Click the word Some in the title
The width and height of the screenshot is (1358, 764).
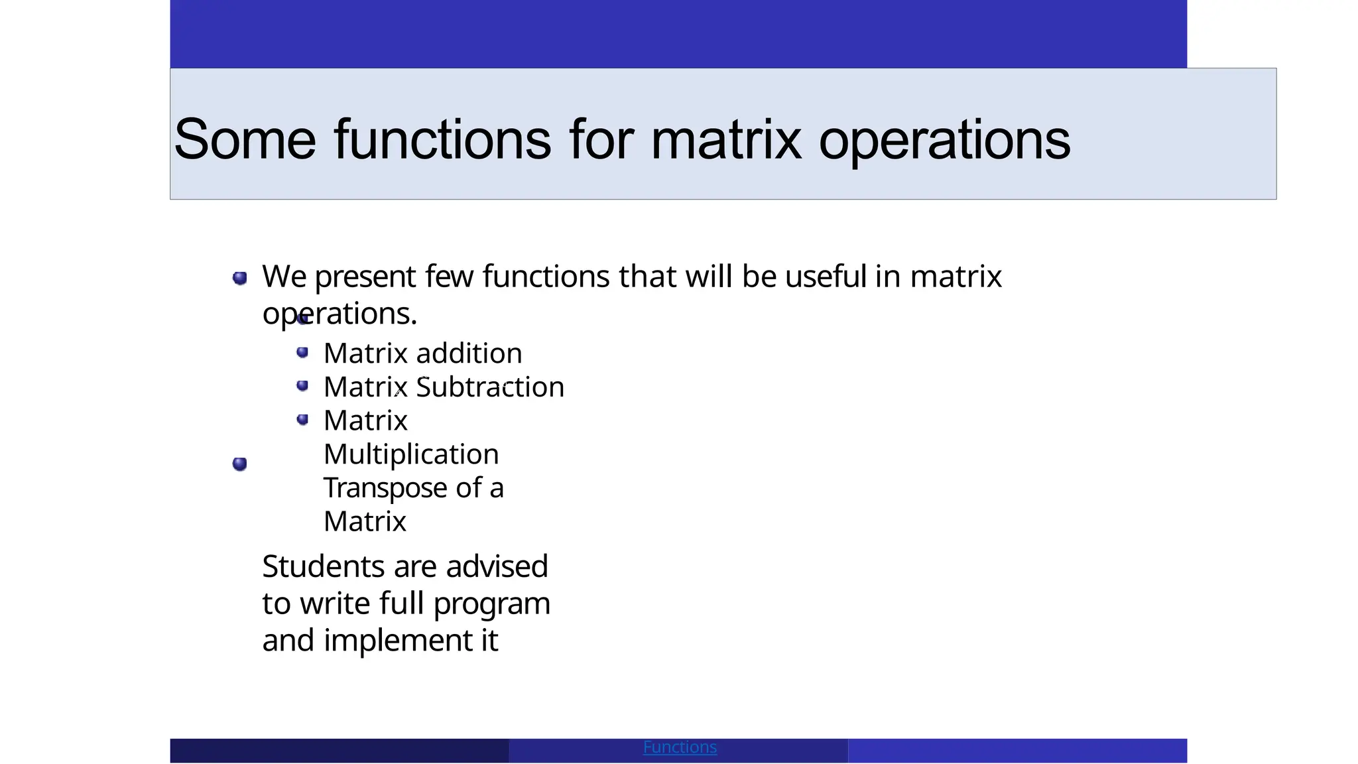pos(245,139)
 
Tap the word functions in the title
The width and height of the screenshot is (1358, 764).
pos(442,139)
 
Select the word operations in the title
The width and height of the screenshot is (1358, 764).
pos(944,141)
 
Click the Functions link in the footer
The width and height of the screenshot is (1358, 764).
pos(680,747)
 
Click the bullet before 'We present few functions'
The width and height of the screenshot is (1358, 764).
pos(240,278)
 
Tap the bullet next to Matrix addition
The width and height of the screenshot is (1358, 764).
pos(302,352)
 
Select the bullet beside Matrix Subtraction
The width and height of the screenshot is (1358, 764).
pos(302,385)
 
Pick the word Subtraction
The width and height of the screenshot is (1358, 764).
pos(490,387)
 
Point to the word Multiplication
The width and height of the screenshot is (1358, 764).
pos(411,455)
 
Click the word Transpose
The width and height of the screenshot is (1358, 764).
pos(385,489)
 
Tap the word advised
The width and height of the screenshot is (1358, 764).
pos(497,567)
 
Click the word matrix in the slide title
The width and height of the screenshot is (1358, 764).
pos(726,139)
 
